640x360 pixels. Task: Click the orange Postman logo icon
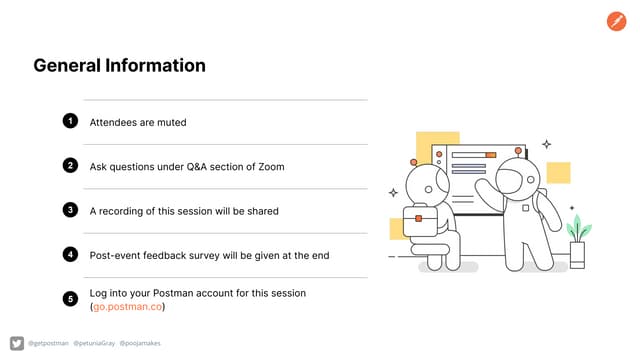pos(617,21)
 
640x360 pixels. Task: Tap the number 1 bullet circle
pos(70,121)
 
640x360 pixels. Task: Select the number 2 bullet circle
pos(70,165)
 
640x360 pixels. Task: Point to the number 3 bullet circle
pos(70,210)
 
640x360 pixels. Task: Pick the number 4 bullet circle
pos(70,254)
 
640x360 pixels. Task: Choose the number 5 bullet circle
pos(70,298)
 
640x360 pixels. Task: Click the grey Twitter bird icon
pos(16,343)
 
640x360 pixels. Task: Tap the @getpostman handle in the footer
pos(48,343)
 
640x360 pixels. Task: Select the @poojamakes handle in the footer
pos(140,343)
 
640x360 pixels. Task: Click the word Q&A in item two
pos(200,166)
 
